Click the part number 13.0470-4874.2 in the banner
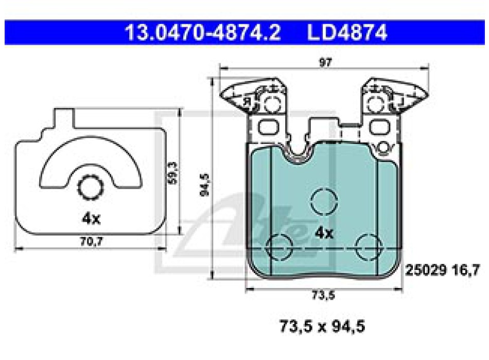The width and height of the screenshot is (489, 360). click(203, 33)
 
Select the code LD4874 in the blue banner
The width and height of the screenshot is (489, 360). click(347, 33)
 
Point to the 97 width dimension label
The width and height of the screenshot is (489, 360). click(325, 63)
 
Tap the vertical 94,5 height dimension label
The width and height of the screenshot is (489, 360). click(204, 185)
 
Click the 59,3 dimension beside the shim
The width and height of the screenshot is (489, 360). click(172, 173)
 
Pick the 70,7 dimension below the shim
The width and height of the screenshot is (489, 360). click(92, 241)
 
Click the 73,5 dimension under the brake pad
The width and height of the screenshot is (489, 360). click(323, 295)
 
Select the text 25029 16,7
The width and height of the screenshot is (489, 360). click(442, 270)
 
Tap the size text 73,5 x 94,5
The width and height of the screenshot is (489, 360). click(322, 327)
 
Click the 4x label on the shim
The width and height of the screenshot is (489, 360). click(91, 219)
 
